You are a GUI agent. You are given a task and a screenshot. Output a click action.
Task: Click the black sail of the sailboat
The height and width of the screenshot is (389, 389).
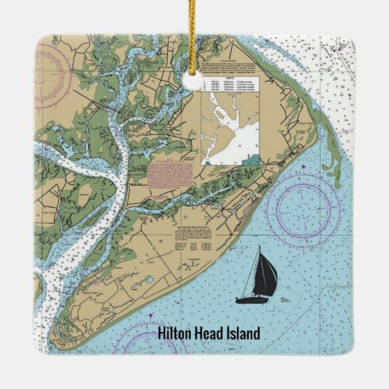264,275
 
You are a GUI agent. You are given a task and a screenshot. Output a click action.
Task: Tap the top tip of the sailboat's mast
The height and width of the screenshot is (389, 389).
260,249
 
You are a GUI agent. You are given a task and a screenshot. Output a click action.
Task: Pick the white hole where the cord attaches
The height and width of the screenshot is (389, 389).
196,84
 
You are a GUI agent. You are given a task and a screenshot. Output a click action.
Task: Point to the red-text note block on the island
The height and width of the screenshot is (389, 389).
168,176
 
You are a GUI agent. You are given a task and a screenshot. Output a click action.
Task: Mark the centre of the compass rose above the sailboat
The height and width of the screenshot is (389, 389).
302,207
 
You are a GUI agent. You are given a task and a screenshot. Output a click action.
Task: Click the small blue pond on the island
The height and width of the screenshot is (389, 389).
148,279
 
